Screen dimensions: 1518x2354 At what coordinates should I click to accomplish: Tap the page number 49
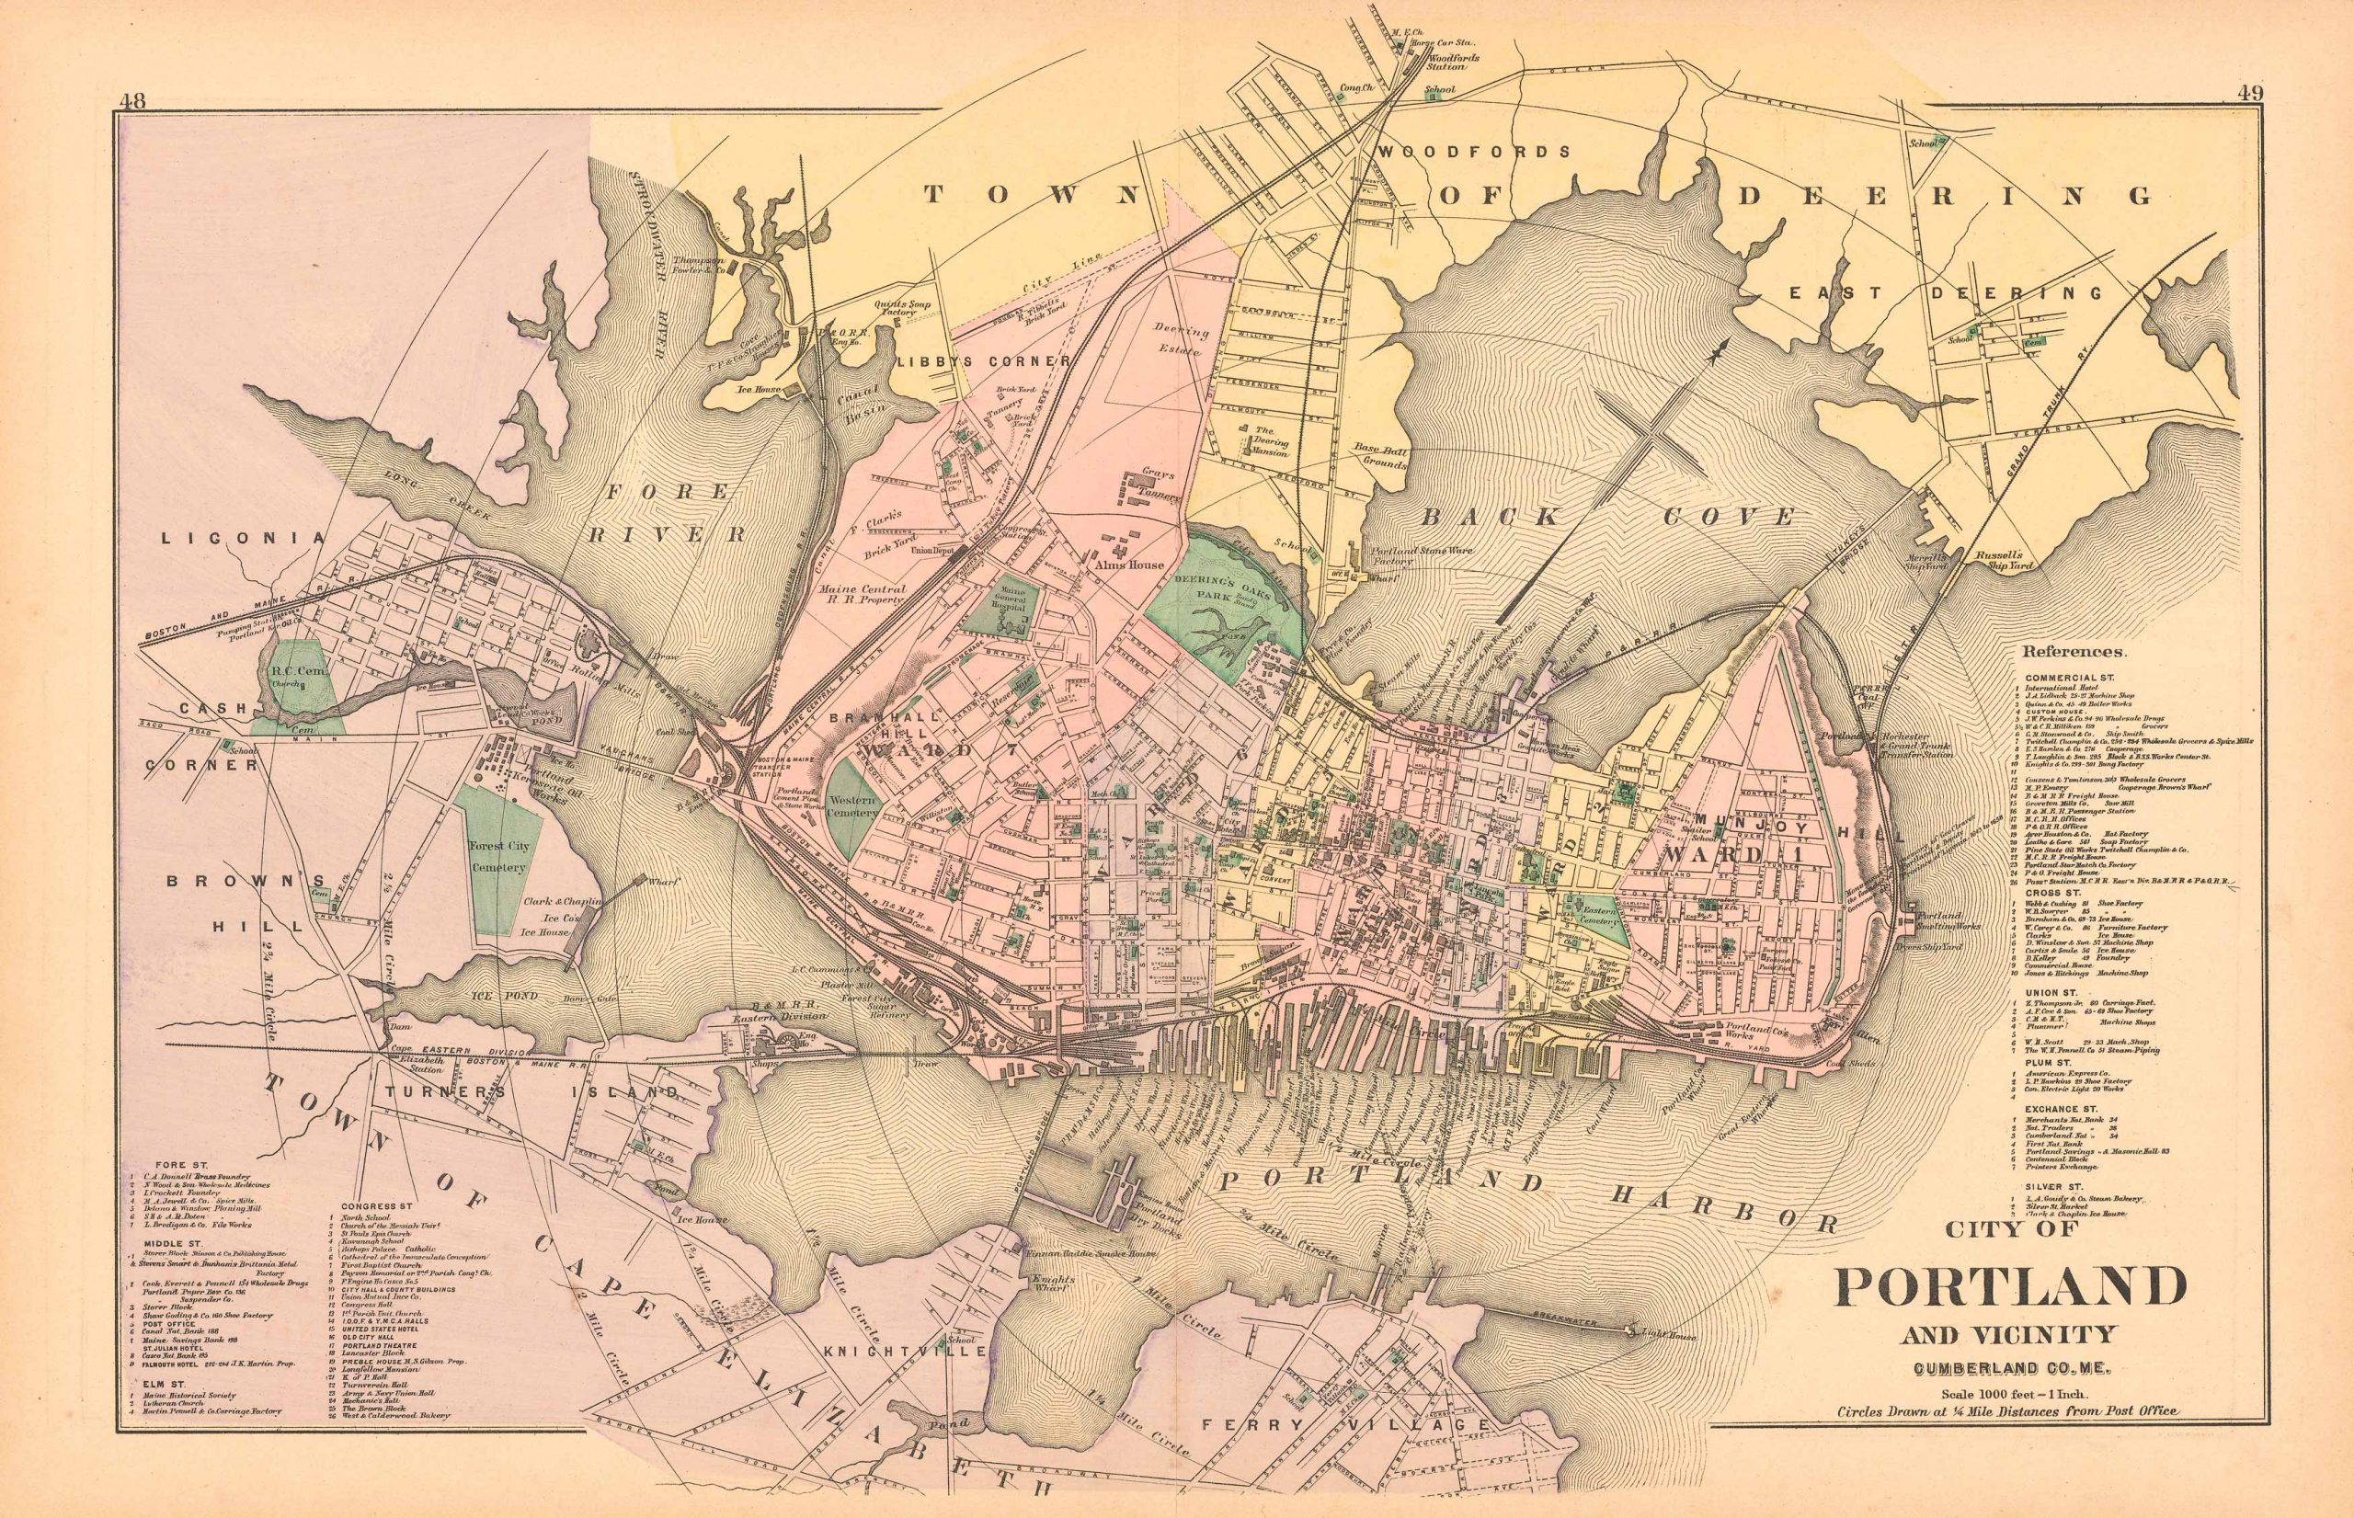pos(2245,95)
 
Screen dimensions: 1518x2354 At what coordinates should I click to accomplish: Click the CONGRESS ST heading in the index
pos(373,1204)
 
